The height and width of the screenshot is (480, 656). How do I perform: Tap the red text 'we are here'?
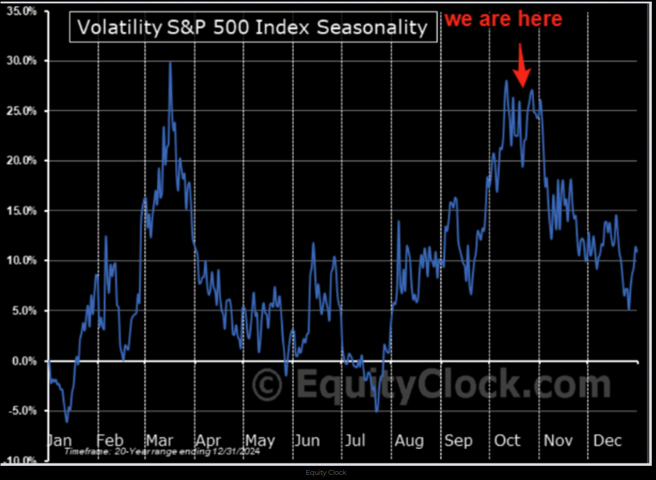(x=503, y=19)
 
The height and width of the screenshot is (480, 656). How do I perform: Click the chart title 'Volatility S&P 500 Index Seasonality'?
(x=253, y=27)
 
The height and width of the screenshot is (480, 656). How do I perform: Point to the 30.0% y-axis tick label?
(x=21, y=61)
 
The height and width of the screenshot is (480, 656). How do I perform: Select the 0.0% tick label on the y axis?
(x=24, y=361)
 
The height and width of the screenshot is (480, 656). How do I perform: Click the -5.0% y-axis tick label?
(x=23, y=411)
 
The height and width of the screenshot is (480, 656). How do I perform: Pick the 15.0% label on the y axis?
(x=21, y=211)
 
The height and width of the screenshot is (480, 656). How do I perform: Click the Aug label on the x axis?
(x=409, y=440)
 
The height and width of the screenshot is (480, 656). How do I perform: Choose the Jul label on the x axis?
(x=355, y=440)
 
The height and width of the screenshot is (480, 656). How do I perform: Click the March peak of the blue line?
(x=170, y=62)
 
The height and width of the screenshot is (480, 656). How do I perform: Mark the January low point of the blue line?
(x=67, y=421)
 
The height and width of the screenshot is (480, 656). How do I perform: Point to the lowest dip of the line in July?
(x=376, y=411)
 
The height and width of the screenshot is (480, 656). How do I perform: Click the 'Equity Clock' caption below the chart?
(x=326, y=473)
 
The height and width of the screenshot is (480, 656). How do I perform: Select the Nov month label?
(x=558, y=440)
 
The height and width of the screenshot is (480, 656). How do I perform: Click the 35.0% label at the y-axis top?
(x=21, y=11)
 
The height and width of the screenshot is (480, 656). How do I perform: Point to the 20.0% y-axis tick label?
(x=21, y=161)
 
